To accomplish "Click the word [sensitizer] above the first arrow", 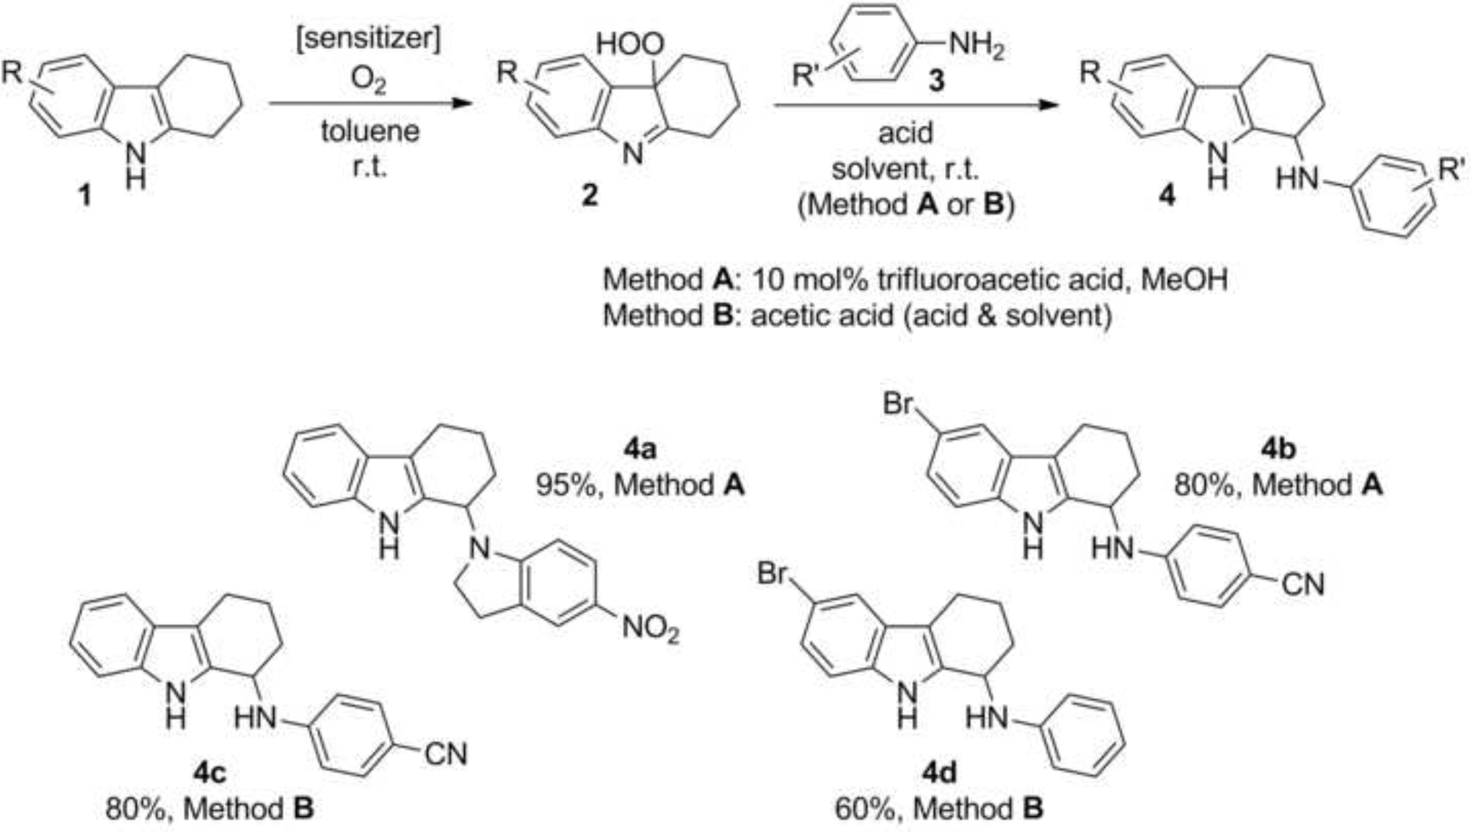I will (x=368, y=40).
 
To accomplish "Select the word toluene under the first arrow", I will (x=370, y=131).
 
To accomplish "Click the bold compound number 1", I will (x=85, y=196).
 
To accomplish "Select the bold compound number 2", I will (x=589, y=196).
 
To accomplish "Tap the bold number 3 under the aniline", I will (x=936, y=81).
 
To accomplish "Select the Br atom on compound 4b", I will (x=899, y=405).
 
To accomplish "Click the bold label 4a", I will (x=640, y=450).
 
